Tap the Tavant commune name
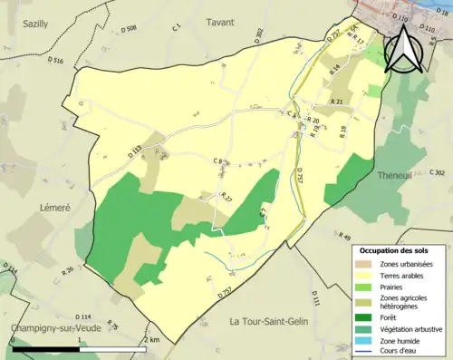pos(219,22)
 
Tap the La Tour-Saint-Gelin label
pos(272,322)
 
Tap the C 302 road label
pos(437,172)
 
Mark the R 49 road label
pos(342,237)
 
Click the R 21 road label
pos(336,102)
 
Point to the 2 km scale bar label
pos(150,339)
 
